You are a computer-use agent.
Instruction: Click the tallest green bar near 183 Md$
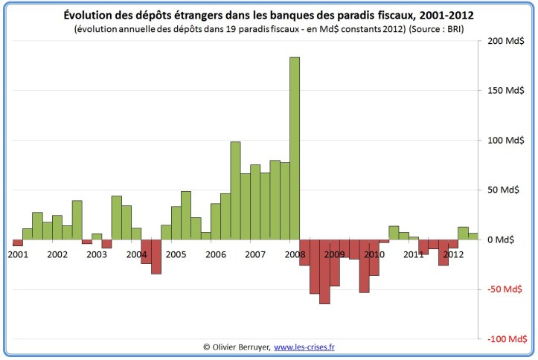(x=295, y=149)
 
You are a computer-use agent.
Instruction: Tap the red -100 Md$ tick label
(x=506, y=339)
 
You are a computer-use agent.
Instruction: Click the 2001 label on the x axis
(x=18, y=254)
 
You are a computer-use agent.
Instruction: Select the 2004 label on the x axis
(x=136, y=254)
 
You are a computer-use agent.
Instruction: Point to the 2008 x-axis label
(x=294, y=254)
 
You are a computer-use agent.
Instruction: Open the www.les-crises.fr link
(x=304, y=347)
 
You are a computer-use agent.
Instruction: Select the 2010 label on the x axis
(x=374, y=254)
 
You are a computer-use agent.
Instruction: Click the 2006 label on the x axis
(x=215, y=254)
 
